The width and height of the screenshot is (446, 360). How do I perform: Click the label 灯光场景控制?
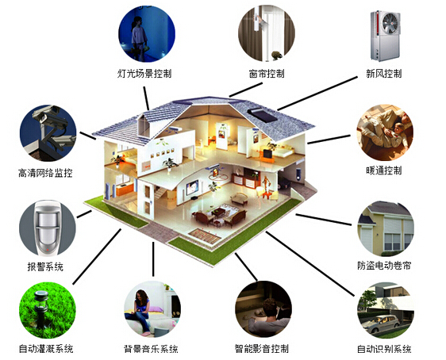tap(144, 73)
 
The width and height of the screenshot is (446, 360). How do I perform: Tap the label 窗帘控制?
tap(267, 73)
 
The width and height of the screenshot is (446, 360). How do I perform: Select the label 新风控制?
tap(384, 73)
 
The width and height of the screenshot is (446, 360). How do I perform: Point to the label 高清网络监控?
tap(45, 173)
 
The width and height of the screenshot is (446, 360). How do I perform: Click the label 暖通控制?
tap(384, 170)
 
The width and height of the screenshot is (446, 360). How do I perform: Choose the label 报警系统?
tap(45, 266)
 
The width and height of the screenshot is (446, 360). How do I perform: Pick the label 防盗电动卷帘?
tap(384, 266)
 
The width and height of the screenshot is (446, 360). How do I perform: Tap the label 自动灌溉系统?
tap(46, 348)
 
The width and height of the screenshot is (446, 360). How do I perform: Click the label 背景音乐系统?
tap(151, 348)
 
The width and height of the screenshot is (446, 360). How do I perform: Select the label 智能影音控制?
tap(262, 348)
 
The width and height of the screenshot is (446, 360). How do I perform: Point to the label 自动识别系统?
tap(384, 348)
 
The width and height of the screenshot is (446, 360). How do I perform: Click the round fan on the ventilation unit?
tap(390, 22)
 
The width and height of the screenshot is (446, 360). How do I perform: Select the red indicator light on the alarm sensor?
tap(48, 250)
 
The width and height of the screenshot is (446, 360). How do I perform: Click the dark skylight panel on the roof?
tap(262, 115)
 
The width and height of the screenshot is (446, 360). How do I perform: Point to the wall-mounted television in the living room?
tap(193, 187)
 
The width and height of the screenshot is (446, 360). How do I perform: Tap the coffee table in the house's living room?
tap(218, 212)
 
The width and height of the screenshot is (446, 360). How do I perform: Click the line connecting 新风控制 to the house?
tap(317, 94)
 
